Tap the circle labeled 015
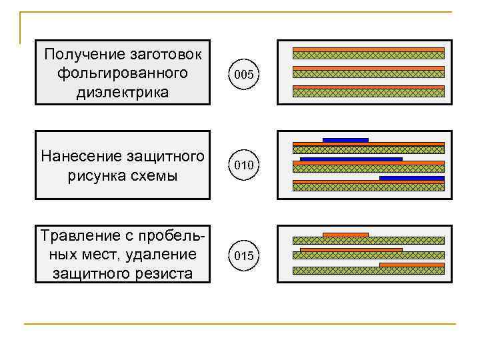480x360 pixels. coord(243,256)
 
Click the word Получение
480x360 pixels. coord(79,53)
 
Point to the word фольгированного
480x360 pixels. coord(123,72)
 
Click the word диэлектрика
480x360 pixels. coord(123,91)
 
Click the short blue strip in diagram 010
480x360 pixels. coord(345,140)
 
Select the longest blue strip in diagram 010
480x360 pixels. coord(351,159)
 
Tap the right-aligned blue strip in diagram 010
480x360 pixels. coord(411,178)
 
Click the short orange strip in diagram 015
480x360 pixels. coord(345,235)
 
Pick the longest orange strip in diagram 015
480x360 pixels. coord(351,250)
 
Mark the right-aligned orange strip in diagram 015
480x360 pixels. coord(411,265)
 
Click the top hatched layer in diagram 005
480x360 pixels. coord(369,56)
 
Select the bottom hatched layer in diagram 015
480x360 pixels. coord(369,271)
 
